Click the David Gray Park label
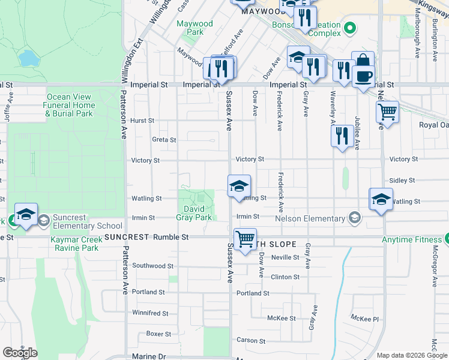click(198, 213)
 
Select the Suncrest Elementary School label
click(87, 221)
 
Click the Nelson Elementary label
click(312, 218)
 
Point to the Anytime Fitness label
click(411, 239)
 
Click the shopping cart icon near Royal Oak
click(388, 112)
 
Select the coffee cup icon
click(363, 76)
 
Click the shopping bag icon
click(363, 61)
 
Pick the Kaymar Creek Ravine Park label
click(74, 243)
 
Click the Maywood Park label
click(195, 28)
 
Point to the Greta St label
click(164, 140)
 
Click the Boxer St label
click(158, 334)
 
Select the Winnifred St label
click(150, 313)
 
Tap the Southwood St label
click(152, 265)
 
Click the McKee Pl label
click(366, 319)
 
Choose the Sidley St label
click(402, 180)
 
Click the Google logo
click(20, 353)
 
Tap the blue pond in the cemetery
click(26, 58)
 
